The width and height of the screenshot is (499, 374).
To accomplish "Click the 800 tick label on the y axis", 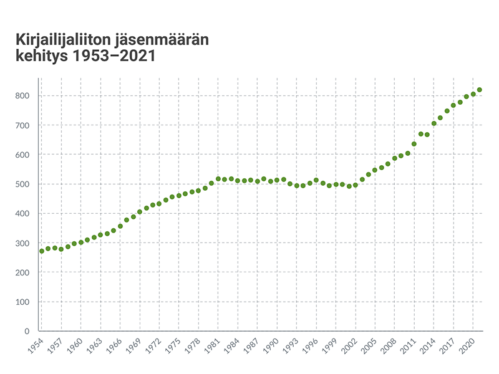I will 24,96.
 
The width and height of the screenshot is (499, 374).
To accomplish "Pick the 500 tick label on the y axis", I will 24,184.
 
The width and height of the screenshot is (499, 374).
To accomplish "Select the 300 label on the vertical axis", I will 24,243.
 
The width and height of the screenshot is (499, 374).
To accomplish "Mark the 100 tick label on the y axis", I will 24,302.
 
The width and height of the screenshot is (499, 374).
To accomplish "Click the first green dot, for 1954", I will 41,251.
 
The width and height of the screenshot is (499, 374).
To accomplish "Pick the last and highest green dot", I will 479,90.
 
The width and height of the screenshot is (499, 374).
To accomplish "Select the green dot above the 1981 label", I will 218,179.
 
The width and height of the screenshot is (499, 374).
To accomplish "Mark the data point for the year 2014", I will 434,123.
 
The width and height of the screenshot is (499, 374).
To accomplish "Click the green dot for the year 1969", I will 140,212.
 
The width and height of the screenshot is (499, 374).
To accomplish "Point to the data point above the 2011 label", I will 414,144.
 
